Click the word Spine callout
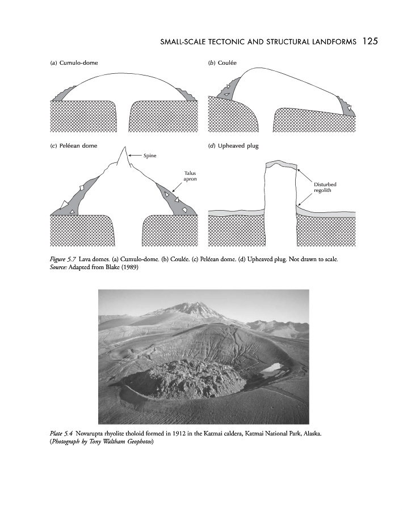coord(150,155)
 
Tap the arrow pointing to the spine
coord(135,155)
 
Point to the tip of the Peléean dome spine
coord(123,146)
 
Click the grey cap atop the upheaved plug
coord(282,165)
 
